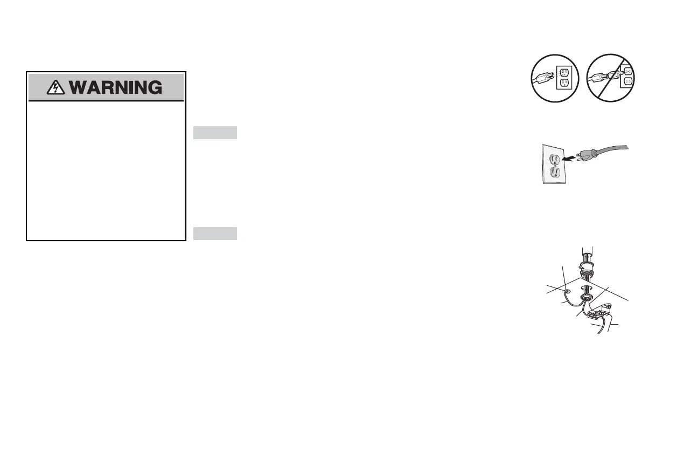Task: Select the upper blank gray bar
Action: pyautogui.click(x=215, y=132)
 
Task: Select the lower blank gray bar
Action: pyautogui.click(x=215, y=233)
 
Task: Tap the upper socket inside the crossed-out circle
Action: pyautogui.click(x=628, y=70)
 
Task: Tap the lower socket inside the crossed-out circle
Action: pyautogui.click(x=628, y=83)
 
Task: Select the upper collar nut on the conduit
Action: pyautogui.click(x=587, y=265)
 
